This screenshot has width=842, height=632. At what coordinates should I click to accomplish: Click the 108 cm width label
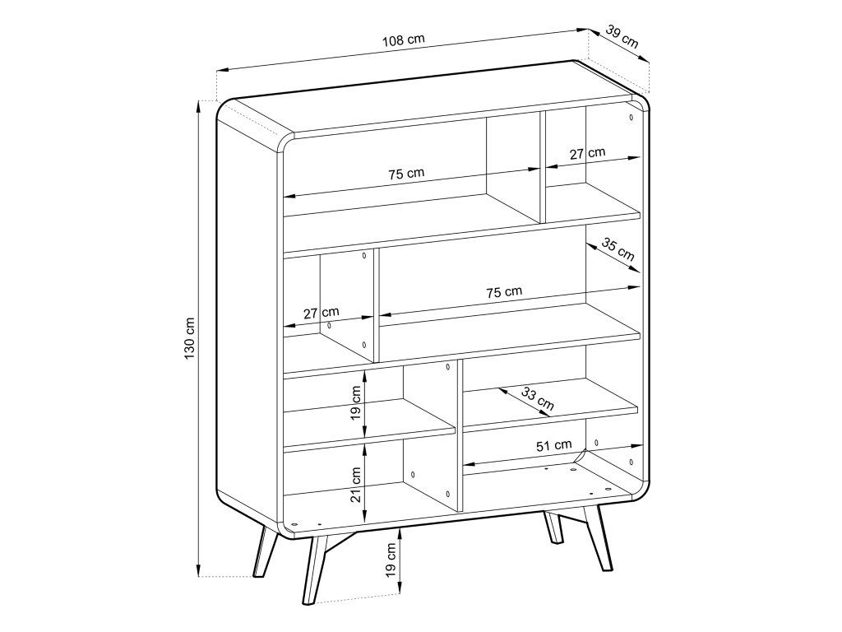(403, 40)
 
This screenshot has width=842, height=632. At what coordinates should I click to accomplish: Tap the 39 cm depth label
(622, 36)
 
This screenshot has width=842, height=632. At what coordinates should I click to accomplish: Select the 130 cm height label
(190, 338)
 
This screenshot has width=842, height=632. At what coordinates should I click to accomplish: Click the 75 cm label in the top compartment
(406, 174)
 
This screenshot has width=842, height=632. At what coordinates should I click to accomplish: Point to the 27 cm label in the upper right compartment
(587, 153)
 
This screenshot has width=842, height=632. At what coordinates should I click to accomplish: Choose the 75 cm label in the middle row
(504, 292)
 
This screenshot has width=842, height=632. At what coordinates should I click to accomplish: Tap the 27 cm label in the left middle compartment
(322, 312)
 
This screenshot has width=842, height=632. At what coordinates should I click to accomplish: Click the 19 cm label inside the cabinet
(355, 403)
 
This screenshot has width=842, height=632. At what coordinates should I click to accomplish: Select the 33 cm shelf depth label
(538, 399)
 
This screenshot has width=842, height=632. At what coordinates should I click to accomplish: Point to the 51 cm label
(553, 445)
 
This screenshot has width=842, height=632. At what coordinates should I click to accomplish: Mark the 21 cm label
(355, 484)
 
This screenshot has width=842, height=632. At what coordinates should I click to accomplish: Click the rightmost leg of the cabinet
(599, 537)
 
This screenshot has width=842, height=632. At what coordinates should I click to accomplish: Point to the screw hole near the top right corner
(631, 117)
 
